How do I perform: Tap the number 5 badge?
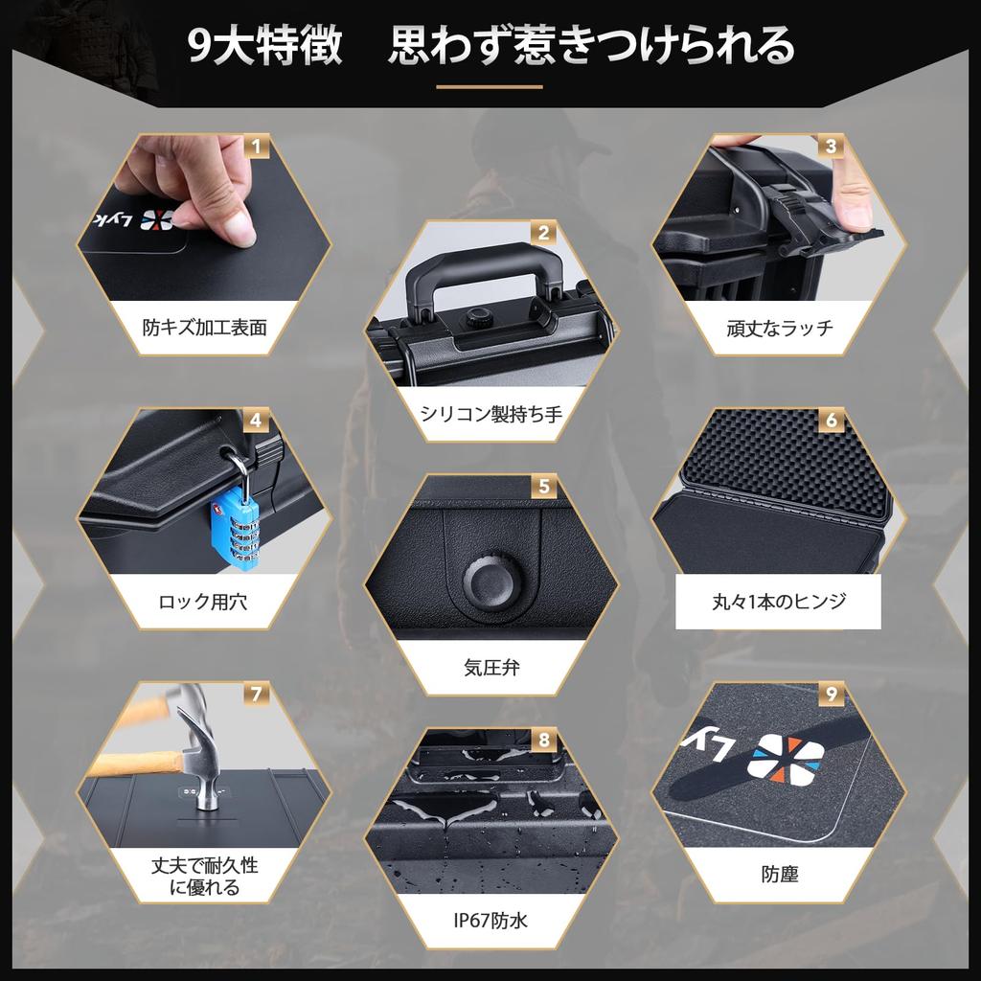coord(544,487)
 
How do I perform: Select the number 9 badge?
coord(831,695)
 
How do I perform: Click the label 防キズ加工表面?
coord(204,328)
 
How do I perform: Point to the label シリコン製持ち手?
coord(490,414)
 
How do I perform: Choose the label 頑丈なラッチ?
coord(779,328)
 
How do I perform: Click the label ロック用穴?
coord(204,603)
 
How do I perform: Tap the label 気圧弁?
coord(490,668)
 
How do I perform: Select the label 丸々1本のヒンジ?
coord(778,602)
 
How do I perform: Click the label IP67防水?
coord(490,922)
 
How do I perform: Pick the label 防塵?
coord(779,874)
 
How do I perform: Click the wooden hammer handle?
coord(134,764)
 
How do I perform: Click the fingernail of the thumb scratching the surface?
coord(240,231)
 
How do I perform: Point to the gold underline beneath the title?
coord(490,87)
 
